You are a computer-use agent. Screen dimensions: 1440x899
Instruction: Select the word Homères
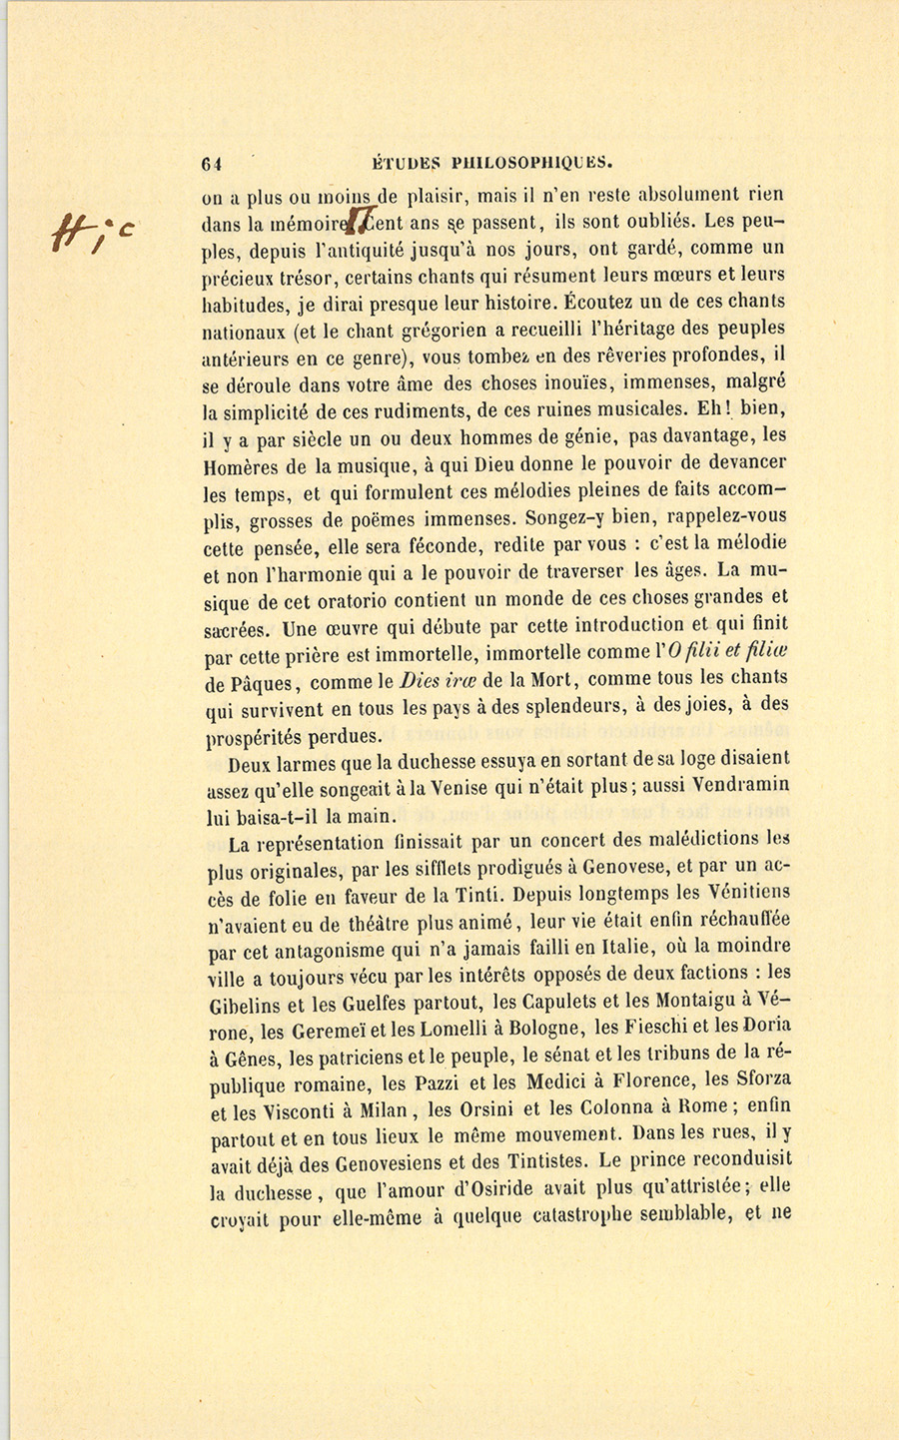pos(241,464)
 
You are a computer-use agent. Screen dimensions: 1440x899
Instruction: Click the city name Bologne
pos(539,1028)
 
